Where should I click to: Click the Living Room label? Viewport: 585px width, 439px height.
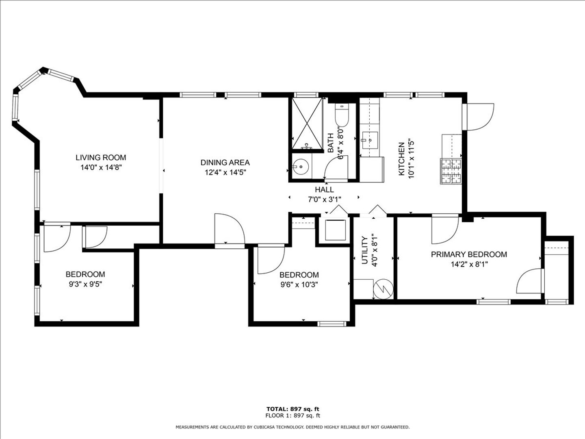[x=101, y=158]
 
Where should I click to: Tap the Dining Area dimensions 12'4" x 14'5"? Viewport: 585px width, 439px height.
[x=225, y=172]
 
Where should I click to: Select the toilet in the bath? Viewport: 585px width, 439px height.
[x=342, y=115]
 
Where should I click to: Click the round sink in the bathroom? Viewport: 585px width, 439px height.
[x=301, y=167]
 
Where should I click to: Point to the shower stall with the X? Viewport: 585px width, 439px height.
[x=307, y=124]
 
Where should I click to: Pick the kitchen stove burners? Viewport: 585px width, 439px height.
[x=451, y=171]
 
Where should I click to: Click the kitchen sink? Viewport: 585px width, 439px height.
[x=369, y=140]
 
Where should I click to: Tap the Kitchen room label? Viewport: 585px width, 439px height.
[x=401, y=159]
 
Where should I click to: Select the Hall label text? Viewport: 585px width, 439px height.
[x=324, y=190]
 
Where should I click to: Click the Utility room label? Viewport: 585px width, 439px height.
[x=364, y=250]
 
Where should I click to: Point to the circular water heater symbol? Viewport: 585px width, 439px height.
[x=383, y=289]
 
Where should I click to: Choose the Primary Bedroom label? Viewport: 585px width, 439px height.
[x=469, y=254]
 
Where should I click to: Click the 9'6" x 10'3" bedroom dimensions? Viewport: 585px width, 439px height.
[x=299, y=285]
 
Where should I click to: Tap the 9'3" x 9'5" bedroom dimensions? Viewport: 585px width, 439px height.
[x=86, y=284]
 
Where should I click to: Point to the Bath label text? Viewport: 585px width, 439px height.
[x=330, y=143]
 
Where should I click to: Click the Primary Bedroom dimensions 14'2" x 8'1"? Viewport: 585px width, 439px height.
[x=469, y=264]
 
